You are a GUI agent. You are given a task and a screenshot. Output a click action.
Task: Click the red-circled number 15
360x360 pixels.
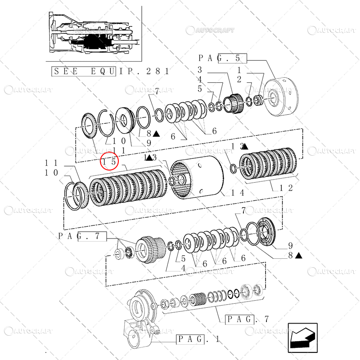(109, 160)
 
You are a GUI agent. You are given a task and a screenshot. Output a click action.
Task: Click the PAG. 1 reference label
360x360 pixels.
(198, 338)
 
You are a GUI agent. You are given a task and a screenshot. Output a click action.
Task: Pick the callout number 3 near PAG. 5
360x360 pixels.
(200, 70)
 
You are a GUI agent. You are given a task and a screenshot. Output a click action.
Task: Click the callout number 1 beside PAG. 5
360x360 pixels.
(239, 70)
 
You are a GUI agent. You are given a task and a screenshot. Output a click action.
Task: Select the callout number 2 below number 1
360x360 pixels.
(239, 79)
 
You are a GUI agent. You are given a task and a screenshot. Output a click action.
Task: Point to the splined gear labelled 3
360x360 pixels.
(234, 106)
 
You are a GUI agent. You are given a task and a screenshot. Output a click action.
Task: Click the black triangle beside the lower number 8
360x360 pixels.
(298, 255)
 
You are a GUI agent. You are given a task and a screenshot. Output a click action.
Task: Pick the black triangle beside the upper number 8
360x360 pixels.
(155, 133)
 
